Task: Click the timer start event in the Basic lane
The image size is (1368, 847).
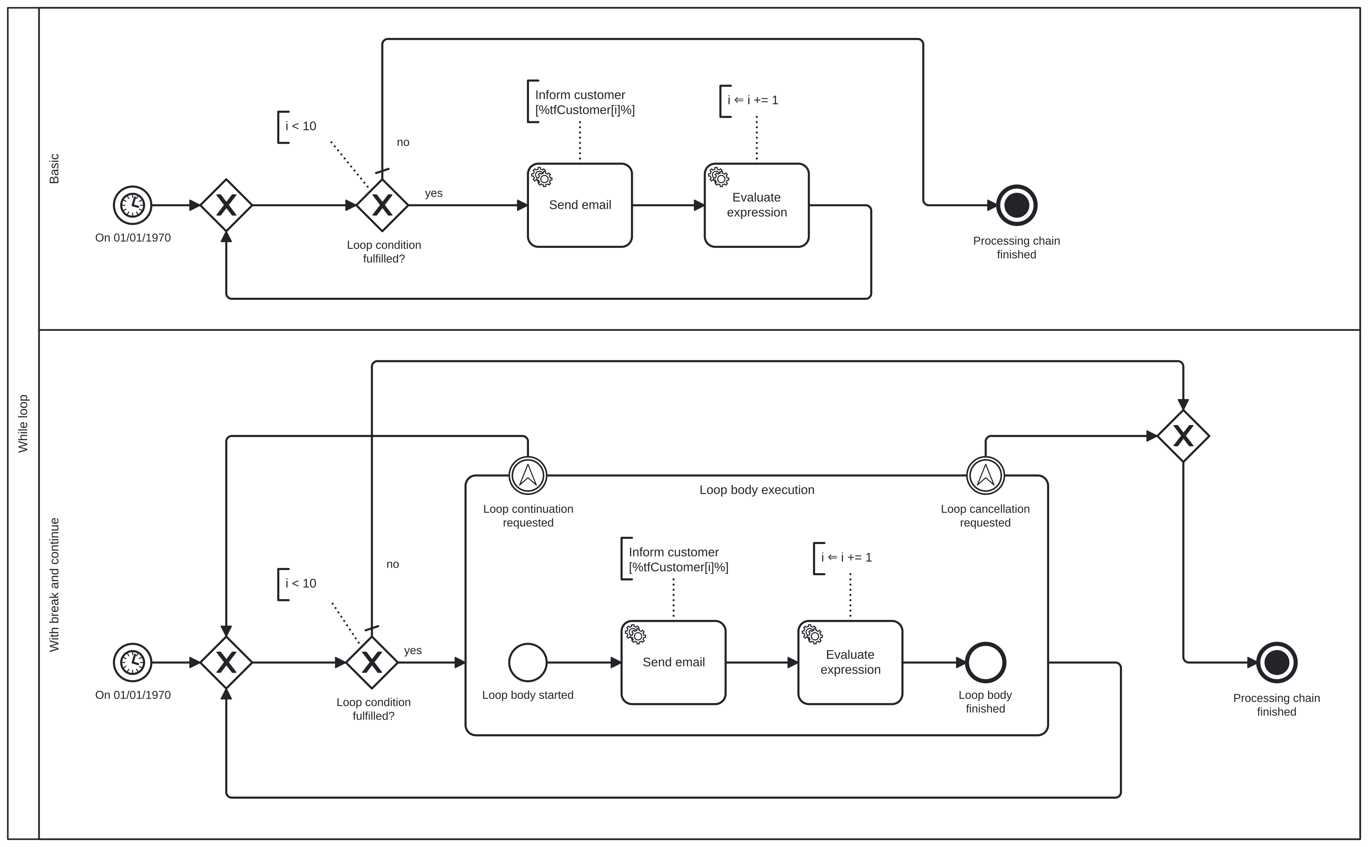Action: click(x=132, y=205)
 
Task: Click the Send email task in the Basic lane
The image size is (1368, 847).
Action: click(x=580, y=205)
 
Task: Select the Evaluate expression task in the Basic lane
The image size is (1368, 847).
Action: click(x=756, y=205)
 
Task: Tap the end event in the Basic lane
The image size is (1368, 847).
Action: click(x=1016, y=205)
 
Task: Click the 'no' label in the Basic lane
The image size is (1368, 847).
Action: click(x=403, y=142)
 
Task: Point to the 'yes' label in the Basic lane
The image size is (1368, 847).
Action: click(x=433, y=193)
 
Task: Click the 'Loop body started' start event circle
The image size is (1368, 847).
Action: click(x=527, y=662)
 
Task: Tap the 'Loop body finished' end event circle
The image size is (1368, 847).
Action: click(x=985, y=662)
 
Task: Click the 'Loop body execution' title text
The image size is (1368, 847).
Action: click(x=756, y=490)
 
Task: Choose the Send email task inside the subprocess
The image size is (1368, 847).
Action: click(x=673, y=662)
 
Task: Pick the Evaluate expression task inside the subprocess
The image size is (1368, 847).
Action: click(x=850, y=662)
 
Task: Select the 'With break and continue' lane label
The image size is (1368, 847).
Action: click(x=54, y=584)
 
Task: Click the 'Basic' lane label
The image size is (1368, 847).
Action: click(x=54, y=168)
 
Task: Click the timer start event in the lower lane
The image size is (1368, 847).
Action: click(x=132, y=662)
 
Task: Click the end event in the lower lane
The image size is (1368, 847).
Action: click(x=1277, y=662)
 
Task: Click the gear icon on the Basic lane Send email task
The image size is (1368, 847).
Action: click(x=542, y=177)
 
